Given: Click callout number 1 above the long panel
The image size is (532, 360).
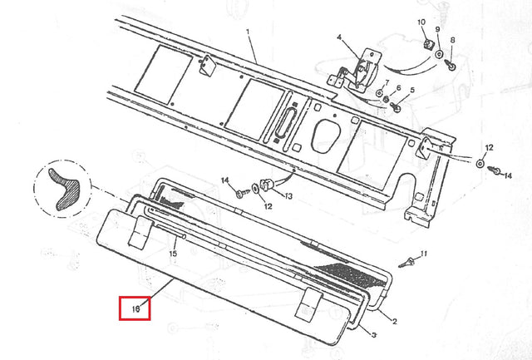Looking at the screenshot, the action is (248, 32).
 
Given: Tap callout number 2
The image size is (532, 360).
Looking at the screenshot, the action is (394, 321).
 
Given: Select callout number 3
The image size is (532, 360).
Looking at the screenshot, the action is (373, 335).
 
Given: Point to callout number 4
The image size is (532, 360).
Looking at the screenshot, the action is (339, 37).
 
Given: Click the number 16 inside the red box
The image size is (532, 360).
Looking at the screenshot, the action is (135, 309).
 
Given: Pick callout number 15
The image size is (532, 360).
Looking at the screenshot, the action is (173, 254).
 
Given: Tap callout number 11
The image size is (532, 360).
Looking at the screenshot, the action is (424, 254).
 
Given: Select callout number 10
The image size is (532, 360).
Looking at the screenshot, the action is (421, 22).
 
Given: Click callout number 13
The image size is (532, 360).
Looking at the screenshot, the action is (288, 196).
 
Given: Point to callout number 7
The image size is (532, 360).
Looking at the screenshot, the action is (387, 83).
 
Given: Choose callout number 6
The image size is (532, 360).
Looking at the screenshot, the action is (398, 88).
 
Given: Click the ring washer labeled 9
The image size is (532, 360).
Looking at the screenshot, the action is (440, 54).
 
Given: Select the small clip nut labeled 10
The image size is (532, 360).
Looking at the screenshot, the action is (430, 44).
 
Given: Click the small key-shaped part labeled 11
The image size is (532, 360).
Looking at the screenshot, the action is (406, 263).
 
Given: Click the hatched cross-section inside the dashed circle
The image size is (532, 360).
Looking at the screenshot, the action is (63, 187).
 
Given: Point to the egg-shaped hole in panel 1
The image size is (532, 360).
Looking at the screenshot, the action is (325, 136).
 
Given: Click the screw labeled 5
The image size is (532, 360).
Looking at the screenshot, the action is (396, 107).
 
